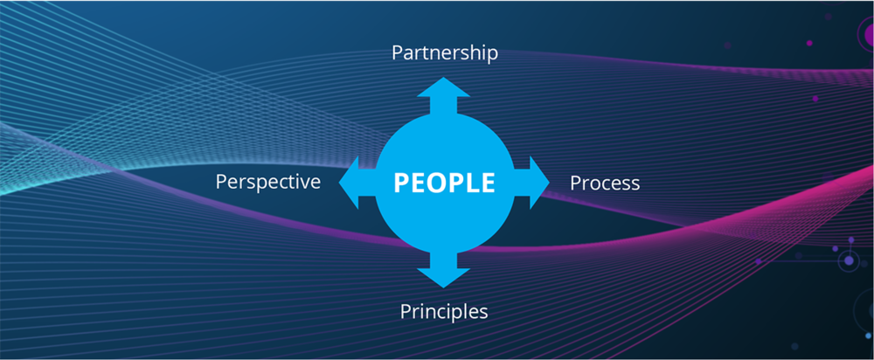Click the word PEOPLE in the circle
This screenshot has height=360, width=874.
(x=444, y=183)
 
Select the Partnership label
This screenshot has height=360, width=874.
(x=444, y=53)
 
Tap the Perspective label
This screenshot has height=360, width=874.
(x=268, y=182)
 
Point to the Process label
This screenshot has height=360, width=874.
(x=605, y=183)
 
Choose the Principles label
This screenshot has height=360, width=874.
(x=444, y=311)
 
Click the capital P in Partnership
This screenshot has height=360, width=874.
(x=397, y=53)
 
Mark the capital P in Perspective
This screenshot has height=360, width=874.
(x=221, y=181)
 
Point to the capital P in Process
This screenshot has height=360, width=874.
(x=576, y=183)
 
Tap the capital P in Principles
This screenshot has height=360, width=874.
(x=406, y=310)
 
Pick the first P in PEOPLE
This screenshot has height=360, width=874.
(x=402, y=183)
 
